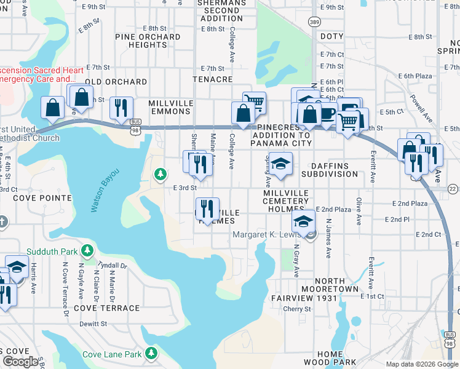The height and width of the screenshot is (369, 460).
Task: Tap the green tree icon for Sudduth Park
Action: tap(88, 250)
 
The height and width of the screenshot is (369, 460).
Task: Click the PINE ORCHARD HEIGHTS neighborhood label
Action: tap(148, 41)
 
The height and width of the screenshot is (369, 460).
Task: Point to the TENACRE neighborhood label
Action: tap(213, 80)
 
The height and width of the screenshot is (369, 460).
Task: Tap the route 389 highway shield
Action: tap(314, 22)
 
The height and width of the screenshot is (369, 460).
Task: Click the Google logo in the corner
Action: tap(20, 361)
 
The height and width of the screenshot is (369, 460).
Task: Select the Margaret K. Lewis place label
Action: tap(268, 234)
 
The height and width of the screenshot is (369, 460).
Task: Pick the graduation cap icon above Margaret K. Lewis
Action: tap(303, 221)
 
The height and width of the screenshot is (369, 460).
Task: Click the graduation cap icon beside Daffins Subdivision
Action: tap(280, 164)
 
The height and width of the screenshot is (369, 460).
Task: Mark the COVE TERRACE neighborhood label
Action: tap(106, 307)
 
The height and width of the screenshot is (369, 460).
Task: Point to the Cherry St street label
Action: tap(298, 309)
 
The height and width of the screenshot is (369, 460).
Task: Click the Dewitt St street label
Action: tap(93, 323)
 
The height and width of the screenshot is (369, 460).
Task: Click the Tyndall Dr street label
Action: tap(113, 266)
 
